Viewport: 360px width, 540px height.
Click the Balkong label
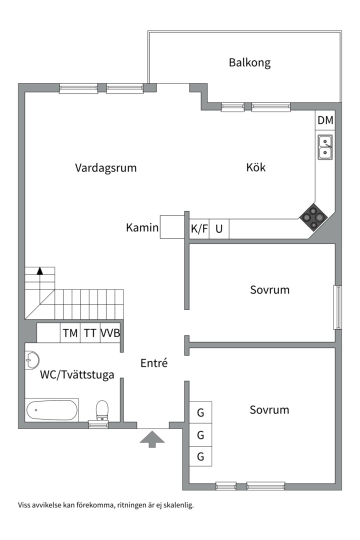point(249,62)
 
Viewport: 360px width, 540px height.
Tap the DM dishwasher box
point(325,120)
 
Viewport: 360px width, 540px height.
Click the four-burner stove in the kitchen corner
point(313,217)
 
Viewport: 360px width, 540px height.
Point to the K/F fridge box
point(199,229)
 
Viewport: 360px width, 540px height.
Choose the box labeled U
point(219,229)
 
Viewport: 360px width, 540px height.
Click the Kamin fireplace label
point(142,228)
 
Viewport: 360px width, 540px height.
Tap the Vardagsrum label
point(105,167)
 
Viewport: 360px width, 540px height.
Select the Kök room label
point(255,167)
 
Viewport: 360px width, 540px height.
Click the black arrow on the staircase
point(39,271)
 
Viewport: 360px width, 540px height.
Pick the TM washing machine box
point(70,333)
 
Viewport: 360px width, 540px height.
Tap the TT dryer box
point(90,333)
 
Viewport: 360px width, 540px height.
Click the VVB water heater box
point(110,333)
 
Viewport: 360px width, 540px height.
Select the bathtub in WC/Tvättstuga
point(51,410)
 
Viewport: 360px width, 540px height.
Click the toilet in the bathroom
point(102,409)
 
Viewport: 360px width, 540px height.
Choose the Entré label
point(154,363)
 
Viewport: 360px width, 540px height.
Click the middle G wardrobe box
point(200,435)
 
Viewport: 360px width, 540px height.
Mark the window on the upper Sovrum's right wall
point(337,307)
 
